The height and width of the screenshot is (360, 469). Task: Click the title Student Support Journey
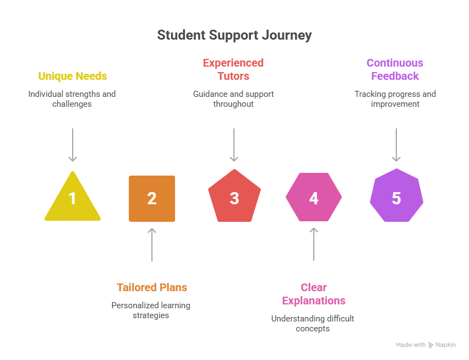234,35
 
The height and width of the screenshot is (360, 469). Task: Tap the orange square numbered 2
152,199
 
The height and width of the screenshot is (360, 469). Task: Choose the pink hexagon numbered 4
314,198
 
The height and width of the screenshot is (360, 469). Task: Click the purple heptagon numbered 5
396,198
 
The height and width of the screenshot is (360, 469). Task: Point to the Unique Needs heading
72,76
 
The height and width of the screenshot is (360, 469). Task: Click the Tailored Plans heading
152,287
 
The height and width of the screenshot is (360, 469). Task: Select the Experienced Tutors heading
233,69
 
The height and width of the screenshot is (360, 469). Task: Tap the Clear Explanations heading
314,294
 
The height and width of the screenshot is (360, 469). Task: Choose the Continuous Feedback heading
395,69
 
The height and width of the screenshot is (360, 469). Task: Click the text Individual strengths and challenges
72,99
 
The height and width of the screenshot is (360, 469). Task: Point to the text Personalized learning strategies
151,310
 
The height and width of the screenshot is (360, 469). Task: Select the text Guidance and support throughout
233,99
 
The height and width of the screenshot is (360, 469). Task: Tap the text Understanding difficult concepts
313,324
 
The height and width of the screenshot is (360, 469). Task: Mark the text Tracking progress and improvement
395,99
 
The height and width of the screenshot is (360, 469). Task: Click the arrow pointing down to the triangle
72,145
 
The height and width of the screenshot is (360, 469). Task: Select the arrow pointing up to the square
152,244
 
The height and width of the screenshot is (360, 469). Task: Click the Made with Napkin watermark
426,345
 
